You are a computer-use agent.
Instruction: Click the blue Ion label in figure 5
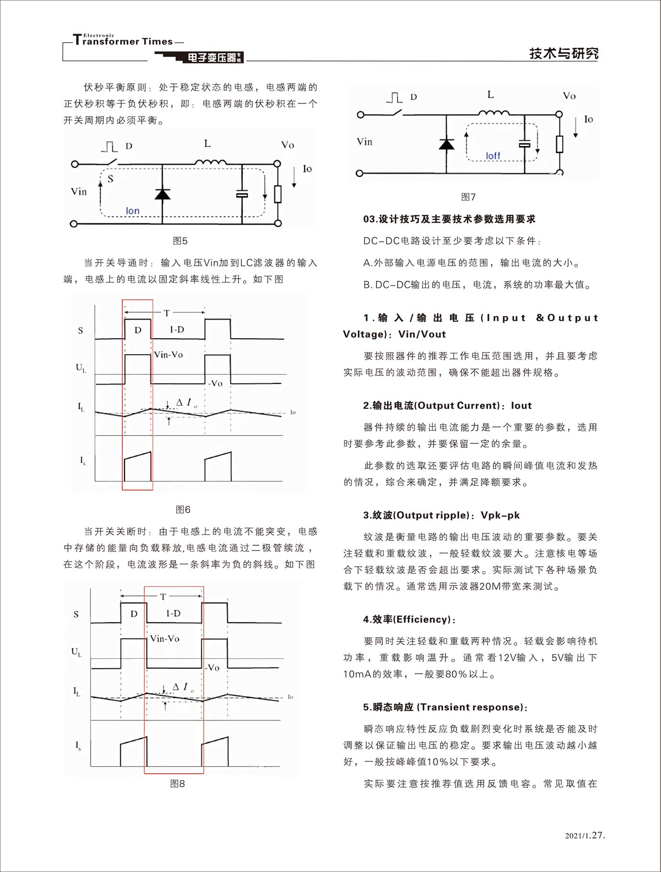pyautogui.click(x=132, y=211)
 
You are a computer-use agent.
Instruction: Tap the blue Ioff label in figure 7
pyautogui.click(x=492, y=156)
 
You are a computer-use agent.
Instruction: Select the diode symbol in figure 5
pyautogui.click(x=162, y=194)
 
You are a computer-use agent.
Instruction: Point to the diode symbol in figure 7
pyautogui.click(x=446, y=143)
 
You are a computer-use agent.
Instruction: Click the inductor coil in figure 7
pyautogui.click(x=493, y=113)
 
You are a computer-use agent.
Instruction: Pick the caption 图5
pyautogui.click(x=180, y=241)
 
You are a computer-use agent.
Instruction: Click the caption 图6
pyautogui.click(x=183, y=509)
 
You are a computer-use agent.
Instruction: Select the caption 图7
pyautogui.click(x=468, y=197)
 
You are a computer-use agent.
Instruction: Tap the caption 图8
pyautogui.click(x=177, y=783)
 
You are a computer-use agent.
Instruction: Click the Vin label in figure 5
pyautogui.click(x=79, y=192)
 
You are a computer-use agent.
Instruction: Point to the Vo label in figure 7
pyautogui.click(x=569, y=96)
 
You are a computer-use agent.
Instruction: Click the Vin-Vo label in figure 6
pyautogui.click(x=168, y=355)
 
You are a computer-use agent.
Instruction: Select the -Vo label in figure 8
pyautogui.click(x=212, y=667)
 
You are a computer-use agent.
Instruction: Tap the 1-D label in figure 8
pyautogui.click(x=173, y=613)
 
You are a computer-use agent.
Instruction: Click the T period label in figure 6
pyautogui.click(x=167, y=313)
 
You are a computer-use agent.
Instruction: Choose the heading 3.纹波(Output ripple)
pyautogui.click(x=441, y=515)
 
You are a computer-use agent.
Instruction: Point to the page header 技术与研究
pyautogui.click(x=563, y=53)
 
